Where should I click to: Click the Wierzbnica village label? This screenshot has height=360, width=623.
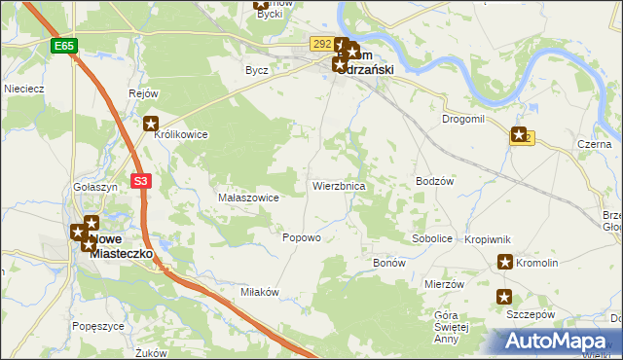point(338,185)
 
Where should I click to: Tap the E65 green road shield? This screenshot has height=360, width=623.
point(64,46)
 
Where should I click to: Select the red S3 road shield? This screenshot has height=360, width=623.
point(142,180)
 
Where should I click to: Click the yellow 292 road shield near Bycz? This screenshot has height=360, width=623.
point(321,44)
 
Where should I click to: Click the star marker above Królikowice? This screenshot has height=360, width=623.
point(151,123)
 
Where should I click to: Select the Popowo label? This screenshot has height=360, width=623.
point(301,237)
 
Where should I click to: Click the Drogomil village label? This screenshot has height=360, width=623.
point(462,118)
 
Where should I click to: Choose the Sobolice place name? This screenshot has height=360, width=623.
point(432,237)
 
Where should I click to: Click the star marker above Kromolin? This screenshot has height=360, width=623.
point(505,261)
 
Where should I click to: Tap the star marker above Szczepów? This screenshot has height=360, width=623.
point(504,298)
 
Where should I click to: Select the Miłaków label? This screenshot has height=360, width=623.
point(260,292)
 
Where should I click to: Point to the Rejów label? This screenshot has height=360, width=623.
point(143,93)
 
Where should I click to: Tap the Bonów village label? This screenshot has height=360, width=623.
point(389,264)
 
